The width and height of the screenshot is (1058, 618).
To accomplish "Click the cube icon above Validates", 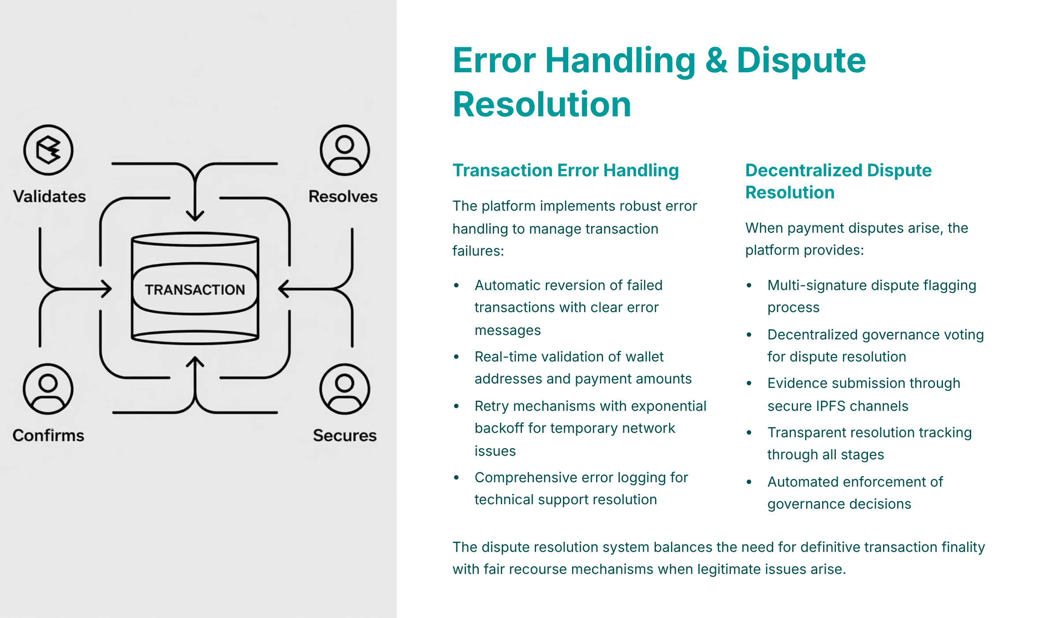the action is click(x=48, y=150).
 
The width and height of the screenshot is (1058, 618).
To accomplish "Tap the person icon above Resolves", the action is click(x=345, y=150).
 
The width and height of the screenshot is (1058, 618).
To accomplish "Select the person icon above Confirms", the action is click(x=48, y=389).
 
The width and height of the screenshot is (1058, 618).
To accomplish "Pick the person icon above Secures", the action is click(x=345, y=389).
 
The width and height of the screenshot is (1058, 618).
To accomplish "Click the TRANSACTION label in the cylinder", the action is click(x=195, y=290).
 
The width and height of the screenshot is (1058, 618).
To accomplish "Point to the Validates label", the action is click(x=49, y=196).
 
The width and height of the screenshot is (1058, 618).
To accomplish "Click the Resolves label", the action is click(x=343, y=196).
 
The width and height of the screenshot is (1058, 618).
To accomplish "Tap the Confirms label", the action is click(x=48, y=435).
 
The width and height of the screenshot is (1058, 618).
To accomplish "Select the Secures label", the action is click(x=345, y=435).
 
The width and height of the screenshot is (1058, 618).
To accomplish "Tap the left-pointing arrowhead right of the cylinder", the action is click(x=283, y=289).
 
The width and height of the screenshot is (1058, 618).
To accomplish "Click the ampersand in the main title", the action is click(x=716, y=60).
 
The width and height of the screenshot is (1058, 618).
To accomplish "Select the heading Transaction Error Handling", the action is click(x=566, y=170).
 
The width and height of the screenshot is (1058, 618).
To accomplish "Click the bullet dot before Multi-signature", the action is click(x=749, y=286).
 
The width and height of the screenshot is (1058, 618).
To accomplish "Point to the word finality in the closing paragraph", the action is click(x=963, y=547).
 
